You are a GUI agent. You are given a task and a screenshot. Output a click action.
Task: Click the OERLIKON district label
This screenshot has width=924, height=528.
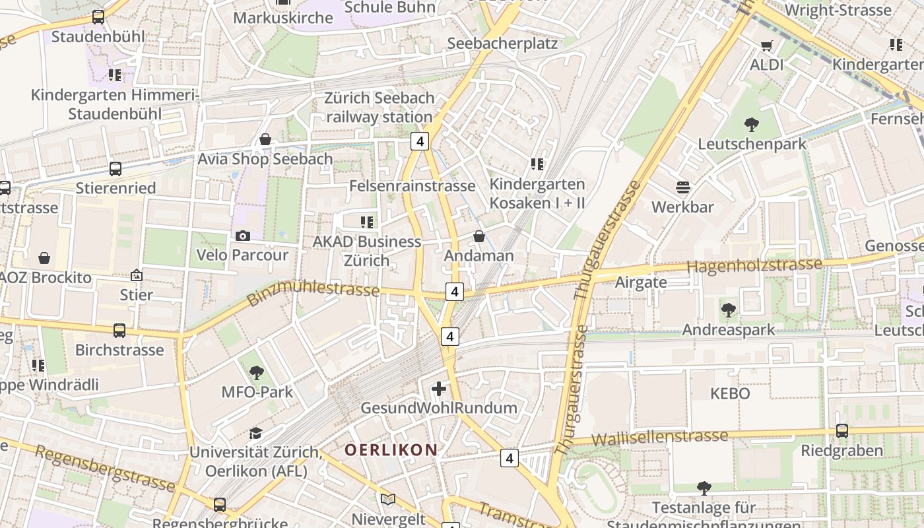click(x=391, y=450)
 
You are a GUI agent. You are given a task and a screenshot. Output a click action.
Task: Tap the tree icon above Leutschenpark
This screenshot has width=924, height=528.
click(x=751, y=123)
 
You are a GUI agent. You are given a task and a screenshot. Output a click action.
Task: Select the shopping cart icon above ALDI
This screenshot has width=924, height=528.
click(x=766, y=46)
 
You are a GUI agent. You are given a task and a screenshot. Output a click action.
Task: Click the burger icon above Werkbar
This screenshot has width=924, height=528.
click(x=683, y=187)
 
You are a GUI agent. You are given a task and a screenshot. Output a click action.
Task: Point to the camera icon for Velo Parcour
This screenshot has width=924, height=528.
click(x=243, y=236)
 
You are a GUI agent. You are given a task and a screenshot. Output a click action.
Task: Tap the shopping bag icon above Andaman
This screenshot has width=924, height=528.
click(x=479, y=236)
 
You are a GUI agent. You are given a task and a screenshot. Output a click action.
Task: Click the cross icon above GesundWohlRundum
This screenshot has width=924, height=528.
click(x=438, y=389)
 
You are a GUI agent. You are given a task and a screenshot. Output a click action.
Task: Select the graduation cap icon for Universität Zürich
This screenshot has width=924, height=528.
click(x=255, y=433)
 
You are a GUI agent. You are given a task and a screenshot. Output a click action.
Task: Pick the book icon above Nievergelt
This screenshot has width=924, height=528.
click(x=388, y=500)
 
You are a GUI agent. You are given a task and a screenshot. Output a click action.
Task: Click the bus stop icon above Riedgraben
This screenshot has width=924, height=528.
click(x=841, y=431)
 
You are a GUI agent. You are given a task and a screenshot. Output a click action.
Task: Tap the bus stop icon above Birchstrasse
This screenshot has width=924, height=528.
click(x=119, y=330)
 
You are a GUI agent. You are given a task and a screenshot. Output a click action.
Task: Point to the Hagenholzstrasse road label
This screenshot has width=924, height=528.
click(x=754, y=265)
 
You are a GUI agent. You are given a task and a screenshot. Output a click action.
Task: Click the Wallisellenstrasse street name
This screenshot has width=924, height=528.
click(x=659, y=437)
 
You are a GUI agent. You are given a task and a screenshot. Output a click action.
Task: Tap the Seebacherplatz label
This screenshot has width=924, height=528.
click(x=502, y=44)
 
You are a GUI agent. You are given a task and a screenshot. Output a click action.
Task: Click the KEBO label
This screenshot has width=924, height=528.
click(x=730, y=394)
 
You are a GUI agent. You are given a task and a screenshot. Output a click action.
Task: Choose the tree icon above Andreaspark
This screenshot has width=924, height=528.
click(x=729, y=309)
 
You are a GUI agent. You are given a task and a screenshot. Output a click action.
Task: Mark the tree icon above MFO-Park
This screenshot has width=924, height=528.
click(x=257, y=373)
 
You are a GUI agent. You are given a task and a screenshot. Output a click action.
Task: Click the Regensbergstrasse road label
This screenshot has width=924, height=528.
click(x=105, y=469)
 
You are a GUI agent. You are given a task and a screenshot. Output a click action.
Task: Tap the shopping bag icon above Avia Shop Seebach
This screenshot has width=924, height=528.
click(x=265, y=139)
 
